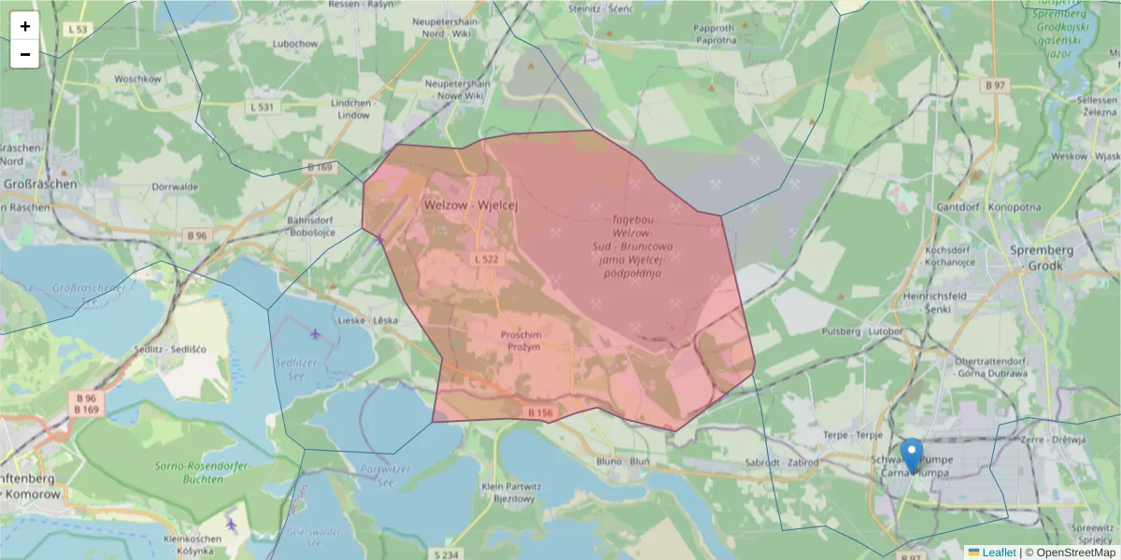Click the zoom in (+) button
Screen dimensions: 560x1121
(24, 26)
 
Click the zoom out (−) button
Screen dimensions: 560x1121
(24, 54)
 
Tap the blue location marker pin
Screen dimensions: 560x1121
(912, 455)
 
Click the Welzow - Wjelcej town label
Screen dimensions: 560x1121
(470, 204)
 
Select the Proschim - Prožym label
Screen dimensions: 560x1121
(524, 341)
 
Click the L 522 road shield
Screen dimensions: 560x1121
(485, 259)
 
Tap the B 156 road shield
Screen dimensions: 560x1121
(540, 412)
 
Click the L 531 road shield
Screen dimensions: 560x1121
(263, 107)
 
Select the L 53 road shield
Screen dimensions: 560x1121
(78, 30)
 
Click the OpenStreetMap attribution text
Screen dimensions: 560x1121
(1070, 553)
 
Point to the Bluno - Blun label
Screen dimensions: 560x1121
(623, 462)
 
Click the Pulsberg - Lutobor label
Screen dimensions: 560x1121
(853, 331)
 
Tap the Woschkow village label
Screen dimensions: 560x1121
(137, 79)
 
